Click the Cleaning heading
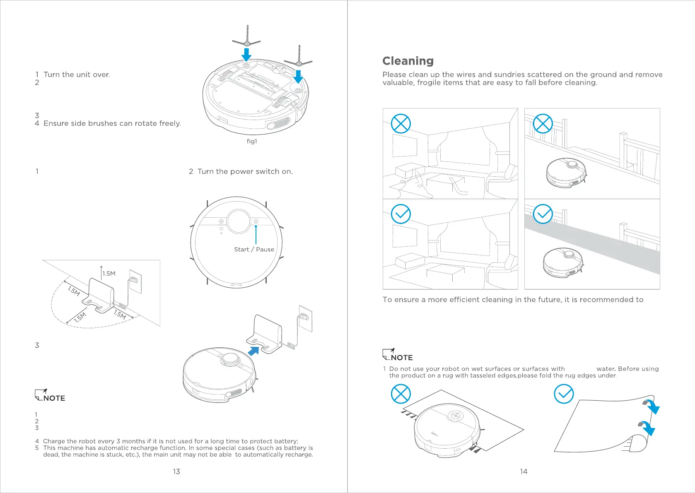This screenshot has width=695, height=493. click(x=408, y=61)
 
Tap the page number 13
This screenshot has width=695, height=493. click(x=176, y=471)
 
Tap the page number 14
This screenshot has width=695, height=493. click(x=524, y=471)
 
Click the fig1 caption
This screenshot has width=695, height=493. click(x=252, y=141)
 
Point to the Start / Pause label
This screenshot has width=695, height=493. click(x=254, y=250)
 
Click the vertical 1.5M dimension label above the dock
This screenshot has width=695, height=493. click(x=109, y=274)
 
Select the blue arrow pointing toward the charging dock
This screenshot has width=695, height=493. click(x=253, y=351)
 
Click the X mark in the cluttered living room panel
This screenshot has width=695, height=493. click(x=401, y=123)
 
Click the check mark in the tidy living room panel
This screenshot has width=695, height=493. click(x=401, y=214)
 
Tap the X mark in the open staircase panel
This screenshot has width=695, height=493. click(x=543, y=123)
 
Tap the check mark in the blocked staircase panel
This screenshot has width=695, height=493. click(x=543, y=214)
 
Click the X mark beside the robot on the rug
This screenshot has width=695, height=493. click(x=401, y=394)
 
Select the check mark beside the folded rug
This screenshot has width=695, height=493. click(x=564, y=394)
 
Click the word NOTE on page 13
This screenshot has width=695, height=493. click(x=54, y=398)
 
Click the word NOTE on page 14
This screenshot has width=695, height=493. click(x=402, y=358)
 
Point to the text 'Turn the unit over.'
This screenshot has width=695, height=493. click(x=77, y=75)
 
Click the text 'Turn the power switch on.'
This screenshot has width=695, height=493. click(x=245, y=171)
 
